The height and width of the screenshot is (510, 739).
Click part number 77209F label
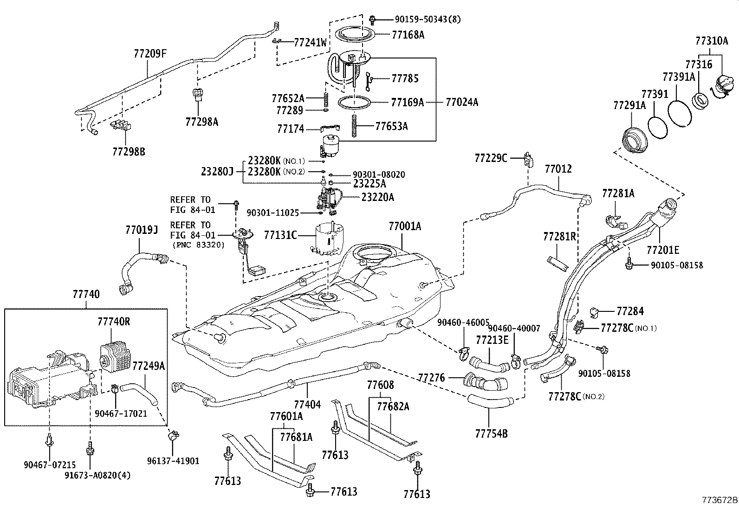point(149,53)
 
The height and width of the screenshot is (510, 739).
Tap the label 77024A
point(461,102)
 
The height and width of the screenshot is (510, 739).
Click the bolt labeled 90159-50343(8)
point(372,19)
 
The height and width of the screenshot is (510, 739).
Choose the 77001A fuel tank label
point(405,226)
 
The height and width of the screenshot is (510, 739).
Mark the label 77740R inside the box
point(114,321)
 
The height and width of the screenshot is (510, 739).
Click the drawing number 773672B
point(719,501)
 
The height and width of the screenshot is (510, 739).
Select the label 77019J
point(142,230)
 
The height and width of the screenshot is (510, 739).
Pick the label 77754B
point(491,433)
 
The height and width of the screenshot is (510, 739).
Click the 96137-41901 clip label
point(173,461)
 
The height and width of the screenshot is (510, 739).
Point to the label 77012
point(558,169)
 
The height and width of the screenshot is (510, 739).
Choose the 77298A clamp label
point(201,122)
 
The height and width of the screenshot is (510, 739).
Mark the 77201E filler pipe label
point(662,251)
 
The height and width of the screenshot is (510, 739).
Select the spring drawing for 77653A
point(355,126)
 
